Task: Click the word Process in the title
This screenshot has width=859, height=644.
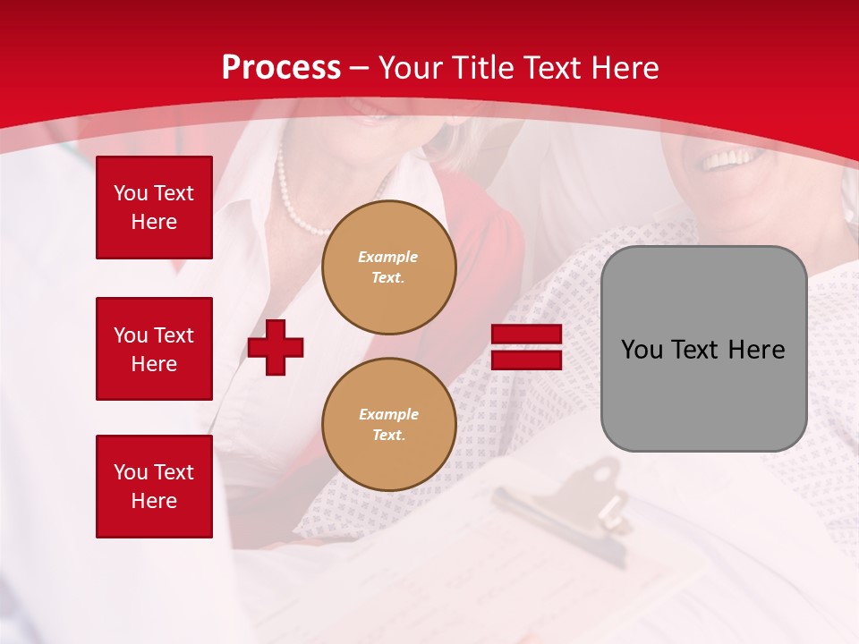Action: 281,68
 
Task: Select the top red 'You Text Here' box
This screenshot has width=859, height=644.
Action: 154,208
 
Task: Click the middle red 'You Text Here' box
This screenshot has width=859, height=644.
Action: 154,349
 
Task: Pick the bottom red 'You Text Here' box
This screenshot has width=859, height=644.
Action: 154,486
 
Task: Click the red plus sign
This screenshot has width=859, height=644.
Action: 276,347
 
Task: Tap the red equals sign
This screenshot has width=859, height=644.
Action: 526,347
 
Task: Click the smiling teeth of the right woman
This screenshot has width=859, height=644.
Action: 729,159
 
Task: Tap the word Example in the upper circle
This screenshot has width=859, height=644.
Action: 387,257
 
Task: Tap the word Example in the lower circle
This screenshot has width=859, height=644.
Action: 387,414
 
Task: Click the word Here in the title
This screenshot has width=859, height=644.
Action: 623,68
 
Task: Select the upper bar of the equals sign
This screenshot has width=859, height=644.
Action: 526,335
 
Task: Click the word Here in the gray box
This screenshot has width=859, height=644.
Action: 756,350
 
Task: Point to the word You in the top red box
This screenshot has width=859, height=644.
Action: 131,193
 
